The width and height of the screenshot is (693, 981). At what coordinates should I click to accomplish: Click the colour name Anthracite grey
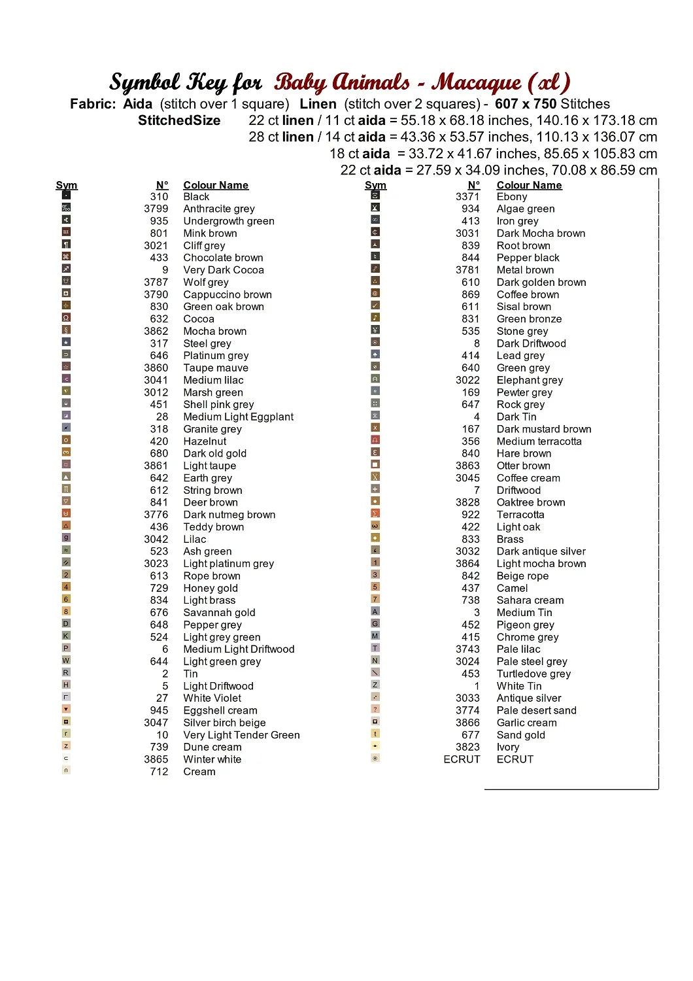click(219, 209)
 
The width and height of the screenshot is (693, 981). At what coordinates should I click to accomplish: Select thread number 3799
click(156, 209)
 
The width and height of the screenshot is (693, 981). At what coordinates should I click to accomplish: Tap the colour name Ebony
click(512, 196)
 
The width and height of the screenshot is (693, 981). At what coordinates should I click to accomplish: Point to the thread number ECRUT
click(462, 759)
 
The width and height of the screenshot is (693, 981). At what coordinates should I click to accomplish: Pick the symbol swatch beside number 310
click(66, 195)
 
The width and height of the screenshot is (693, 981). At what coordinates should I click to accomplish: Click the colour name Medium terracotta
click(539, 441)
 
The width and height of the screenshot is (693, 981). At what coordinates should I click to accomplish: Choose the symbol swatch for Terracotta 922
click(375, 513)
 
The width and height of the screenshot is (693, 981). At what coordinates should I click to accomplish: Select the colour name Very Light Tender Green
click(241, 735)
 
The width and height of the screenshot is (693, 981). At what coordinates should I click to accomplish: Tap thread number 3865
click(156, 759)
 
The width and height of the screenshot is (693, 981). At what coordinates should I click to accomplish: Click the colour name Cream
click(199, 772)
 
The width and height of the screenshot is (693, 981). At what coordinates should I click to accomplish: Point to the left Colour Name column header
click(216, 185)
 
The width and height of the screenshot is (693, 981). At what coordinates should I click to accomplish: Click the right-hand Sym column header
click(375, 185)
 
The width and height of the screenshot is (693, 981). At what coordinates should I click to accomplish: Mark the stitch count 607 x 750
click(526, 104)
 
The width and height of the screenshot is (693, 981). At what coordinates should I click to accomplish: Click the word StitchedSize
click(179, 120)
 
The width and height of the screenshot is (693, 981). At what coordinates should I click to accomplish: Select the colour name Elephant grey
click(530, 380)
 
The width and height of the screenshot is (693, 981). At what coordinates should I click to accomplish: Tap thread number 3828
click(467, 502)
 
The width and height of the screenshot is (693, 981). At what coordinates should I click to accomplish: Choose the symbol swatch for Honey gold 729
click(66, 587)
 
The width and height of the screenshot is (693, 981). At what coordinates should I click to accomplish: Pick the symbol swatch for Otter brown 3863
click(375, 464)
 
